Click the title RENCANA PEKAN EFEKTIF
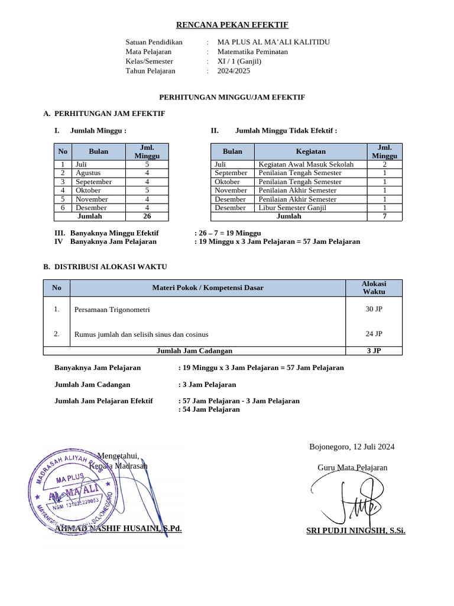click(232, 25)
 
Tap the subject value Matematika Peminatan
click(252, 51)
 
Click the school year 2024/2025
click(234, 70)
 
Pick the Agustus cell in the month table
click(88, 173)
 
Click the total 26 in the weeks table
click(147, 217)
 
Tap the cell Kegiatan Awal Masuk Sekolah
click(306, 165)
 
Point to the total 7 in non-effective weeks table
click(384, 217)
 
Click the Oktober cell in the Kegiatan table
click(228, 182)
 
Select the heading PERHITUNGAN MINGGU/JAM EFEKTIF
click(232, 97)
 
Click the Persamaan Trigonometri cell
click(112, 310)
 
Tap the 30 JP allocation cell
click(374, 309)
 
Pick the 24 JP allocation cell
click(374, 334)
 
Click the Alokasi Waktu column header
click(374, 288)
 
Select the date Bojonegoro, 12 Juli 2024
click(352, 447)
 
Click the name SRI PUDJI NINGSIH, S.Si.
click(355, 531)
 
